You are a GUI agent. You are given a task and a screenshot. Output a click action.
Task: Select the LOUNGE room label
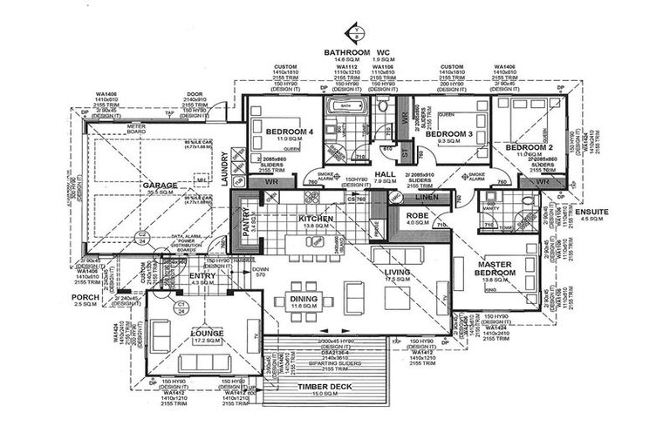click(x=207, y=333)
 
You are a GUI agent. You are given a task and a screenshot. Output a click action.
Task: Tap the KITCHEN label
click(x=315, y=218)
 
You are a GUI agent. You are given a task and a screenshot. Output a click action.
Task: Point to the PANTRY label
click(x=246, y=225)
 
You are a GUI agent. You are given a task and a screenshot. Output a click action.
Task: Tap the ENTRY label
click(x=202, y=276)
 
